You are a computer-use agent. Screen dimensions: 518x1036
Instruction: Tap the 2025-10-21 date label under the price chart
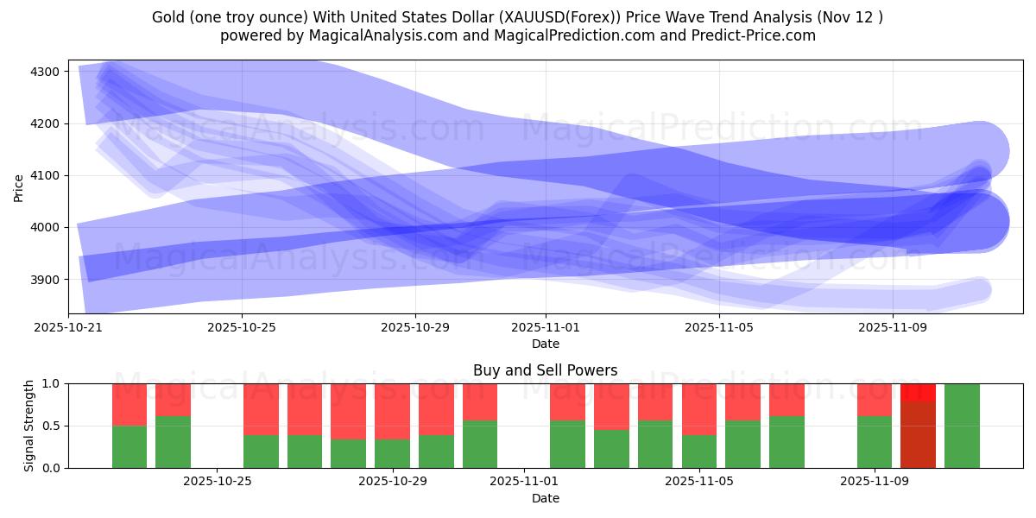click(68, 328)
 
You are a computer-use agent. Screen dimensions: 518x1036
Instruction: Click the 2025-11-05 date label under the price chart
click(719, 328)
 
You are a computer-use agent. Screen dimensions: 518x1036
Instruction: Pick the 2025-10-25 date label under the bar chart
click(218, 482)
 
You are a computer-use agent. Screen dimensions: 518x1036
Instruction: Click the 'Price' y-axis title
click(19, 187)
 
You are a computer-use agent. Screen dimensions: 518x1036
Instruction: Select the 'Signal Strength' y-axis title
click(29, 426)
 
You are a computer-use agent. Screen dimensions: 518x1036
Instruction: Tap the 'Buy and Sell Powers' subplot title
click(545, 370)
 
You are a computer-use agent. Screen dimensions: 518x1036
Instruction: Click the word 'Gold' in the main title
click(168, 17)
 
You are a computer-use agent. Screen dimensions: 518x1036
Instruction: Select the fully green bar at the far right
click(962, 426)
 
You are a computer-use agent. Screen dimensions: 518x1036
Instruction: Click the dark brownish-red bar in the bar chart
click(918, 435)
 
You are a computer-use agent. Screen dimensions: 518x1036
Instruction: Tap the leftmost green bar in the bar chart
click(129, 446)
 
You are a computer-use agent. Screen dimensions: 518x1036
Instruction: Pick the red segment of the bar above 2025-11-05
click(699, 408)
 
